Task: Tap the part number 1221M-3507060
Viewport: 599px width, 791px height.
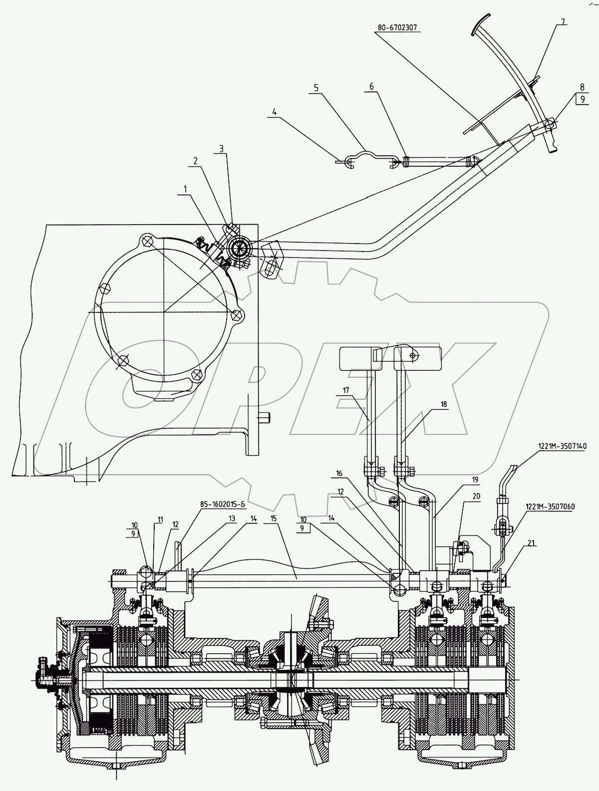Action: [x=551, y=506]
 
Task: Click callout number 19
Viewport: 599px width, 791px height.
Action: [x=474, y=479]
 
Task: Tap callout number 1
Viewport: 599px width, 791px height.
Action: [x=185, y=189]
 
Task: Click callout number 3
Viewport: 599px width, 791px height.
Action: [x=221, y=148]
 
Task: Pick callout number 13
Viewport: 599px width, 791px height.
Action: [x=231, y=519]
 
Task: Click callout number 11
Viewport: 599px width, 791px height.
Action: [x=160, y=520]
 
